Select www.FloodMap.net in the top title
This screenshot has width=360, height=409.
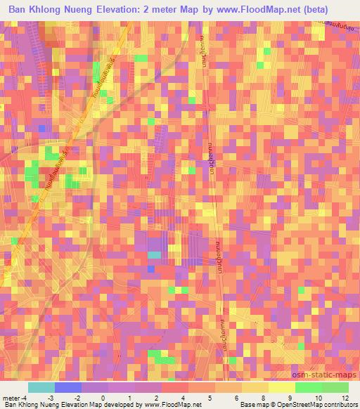(x=280, y=11)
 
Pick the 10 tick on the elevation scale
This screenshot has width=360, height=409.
(x=320, y=397)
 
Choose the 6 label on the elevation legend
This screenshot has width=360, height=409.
(x=236, y=397)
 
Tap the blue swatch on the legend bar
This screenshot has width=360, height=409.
(x=67, y=387)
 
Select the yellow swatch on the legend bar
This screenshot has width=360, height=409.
(x=281, y=387)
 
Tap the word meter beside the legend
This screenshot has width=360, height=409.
(x=11, y=397)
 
